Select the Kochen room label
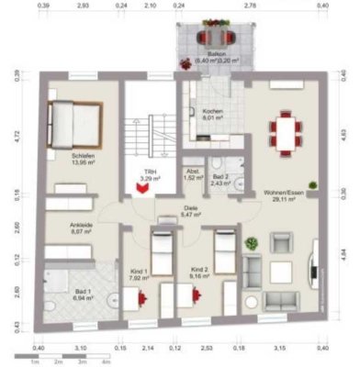click(x=212, y=115)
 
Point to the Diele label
click(x=190, y=211)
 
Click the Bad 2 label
click(x=219, y=179)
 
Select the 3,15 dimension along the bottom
click(x=281, y=349)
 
